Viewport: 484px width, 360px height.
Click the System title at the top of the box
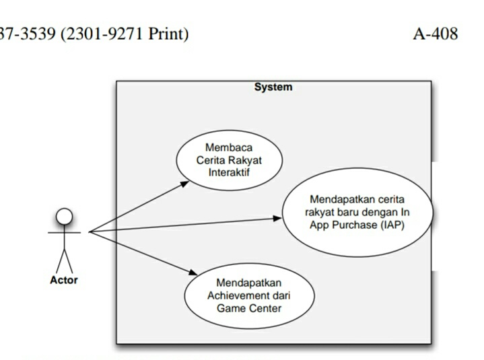tap(273, 87)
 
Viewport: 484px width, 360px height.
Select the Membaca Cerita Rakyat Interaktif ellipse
tap(229, 160)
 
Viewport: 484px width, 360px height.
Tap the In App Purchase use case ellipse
tap(357, 212)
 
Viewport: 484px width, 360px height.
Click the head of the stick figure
tap(64, 216)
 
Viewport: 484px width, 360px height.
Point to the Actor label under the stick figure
tap(64, 280)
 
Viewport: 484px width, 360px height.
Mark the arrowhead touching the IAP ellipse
tap(277, 218)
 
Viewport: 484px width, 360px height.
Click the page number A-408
tap(435, 34)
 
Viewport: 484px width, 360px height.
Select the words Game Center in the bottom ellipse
tap(249, 309)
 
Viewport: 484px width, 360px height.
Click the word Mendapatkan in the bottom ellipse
tap(249, 283)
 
